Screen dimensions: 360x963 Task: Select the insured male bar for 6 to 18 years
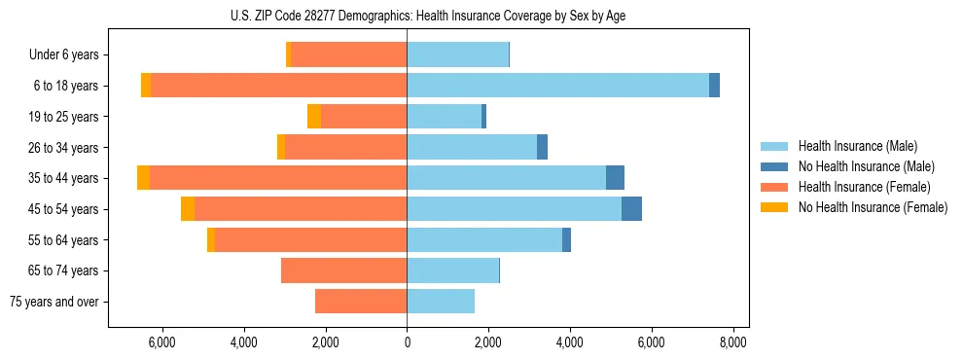pos(557,86)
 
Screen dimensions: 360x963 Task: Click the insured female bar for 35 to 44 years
pos(278,178)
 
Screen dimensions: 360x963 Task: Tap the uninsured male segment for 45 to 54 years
pos(631,209)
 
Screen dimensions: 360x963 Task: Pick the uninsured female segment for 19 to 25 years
pos(314,117)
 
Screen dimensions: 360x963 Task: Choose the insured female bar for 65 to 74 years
pos(343,270)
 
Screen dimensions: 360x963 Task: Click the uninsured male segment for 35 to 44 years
pos(615,178)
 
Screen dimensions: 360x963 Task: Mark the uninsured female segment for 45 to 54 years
pos(188,209)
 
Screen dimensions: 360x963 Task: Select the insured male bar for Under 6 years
pos(457,54)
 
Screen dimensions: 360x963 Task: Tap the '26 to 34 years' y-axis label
pos(63,148)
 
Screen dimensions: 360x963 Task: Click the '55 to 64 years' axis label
pos(63,240)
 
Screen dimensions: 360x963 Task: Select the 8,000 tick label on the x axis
pos(732,342)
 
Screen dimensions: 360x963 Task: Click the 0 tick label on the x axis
pos(407,342)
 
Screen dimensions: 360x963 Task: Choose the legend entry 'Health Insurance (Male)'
pos(857,146)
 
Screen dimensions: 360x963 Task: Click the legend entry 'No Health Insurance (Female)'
pos(873,207)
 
